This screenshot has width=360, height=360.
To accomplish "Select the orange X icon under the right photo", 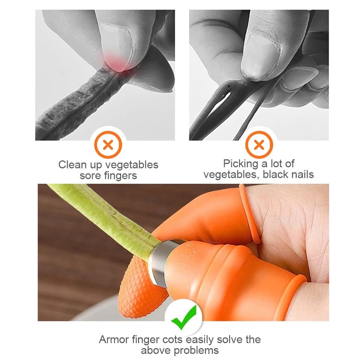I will pos(258,145).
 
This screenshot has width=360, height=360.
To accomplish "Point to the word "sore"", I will pos(89,175).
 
